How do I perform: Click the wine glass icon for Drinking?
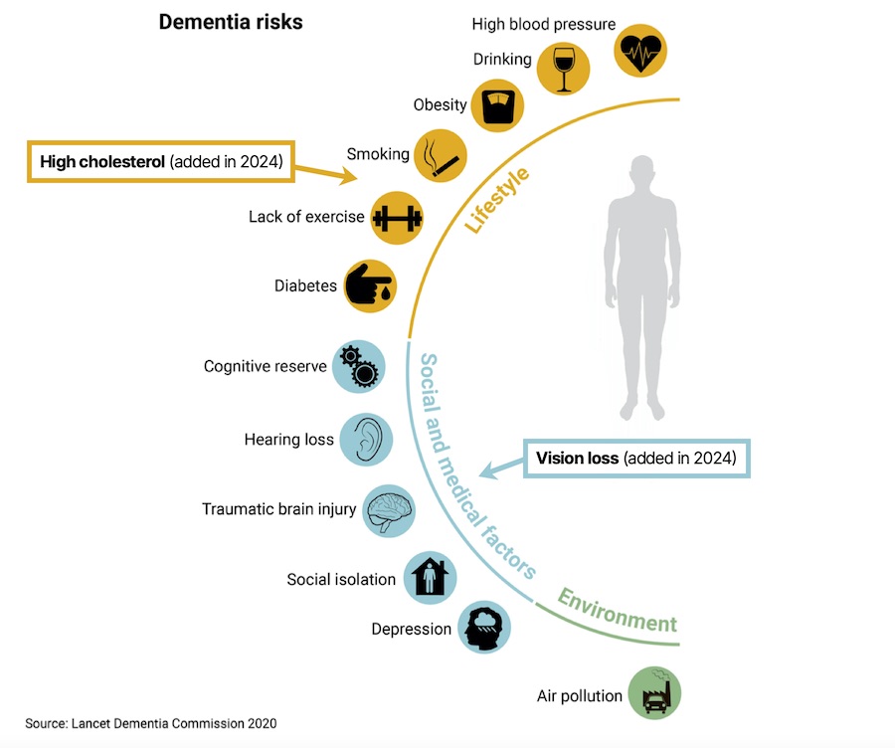pos(563,69)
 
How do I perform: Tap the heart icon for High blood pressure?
pos(640,49)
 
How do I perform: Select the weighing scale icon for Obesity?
pos(496,105)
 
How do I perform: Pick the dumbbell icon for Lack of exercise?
pos(397,217)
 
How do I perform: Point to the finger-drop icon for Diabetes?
pos(370,286)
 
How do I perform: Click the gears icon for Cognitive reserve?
pos(358,366)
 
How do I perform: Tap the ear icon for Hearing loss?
pos(366,439)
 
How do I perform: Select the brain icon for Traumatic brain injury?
pos(388,510)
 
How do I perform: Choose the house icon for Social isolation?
pos(430,579)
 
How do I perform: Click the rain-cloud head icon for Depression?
pos(484,629)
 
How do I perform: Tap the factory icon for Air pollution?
pos(654,692)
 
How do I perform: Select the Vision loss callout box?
pos(636,459)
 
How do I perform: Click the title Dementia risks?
pos(231,22)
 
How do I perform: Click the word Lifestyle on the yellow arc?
pos(496,200)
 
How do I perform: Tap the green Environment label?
pos(617,611)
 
